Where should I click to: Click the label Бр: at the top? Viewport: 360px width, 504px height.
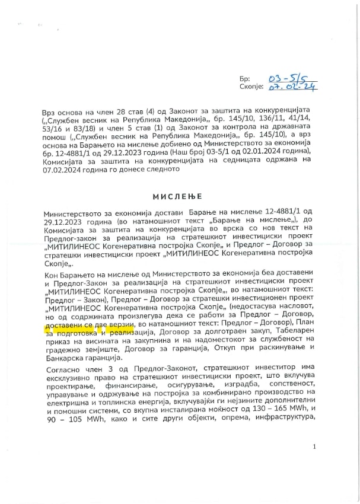(245, 79)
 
